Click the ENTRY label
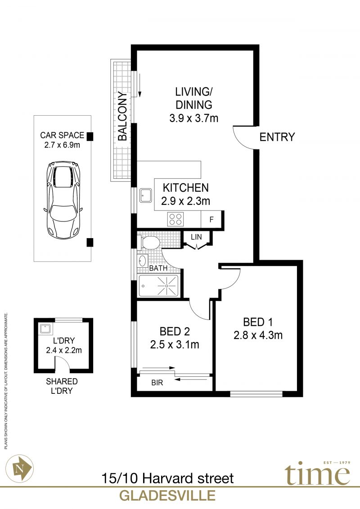[277, 137]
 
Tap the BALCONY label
[122, 116]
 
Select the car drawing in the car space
[63, 199]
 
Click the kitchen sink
[146, 195]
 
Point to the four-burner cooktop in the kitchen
[175, 219]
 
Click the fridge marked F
[211, 220]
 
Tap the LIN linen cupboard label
[196, 237]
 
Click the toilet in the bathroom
[149, 243]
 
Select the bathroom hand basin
[143, 260]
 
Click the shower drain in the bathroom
[166, 286]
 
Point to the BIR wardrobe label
[157, 383]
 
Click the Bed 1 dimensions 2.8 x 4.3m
[258, 335]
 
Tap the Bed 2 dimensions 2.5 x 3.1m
[175, 344]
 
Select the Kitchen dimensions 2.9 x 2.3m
[186, 201]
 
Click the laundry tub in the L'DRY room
[46, 329]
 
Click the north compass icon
[20, 468]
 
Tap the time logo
[318, 473]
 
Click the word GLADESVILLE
[167, 495]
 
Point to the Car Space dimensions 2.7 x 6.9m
[62, 145]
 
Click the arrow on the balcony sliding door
[139, 86]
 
